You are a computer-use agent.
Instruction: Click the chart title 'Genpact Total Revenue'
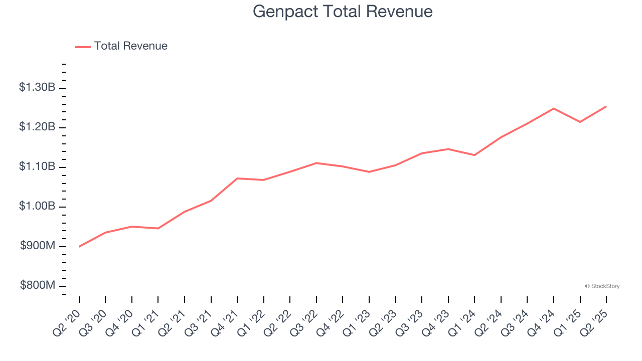tap(343, 11)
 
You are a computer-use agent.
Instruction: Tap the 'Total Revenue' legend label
tap(130, 46)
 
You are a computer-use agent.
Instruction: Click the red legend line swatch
tap(83, 47)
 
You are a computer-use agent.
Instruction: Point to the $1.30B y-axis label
tap(37, 87)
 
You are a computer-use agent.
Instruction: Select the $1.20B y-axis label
tap(37, 127)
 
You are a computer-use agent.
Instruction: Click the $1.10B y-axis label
tap(37, 166)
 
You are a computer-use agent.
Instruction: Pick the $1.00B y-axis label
tap(37, 206)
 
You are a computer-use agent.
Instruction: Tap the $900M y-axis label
tap(38, 246)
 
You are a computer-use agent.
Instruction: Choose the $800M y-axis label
tap(38, 285)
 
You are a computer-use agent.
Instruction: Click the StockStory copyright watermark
tap(602, 286)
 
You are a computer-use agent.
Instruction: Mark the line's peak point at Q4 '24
tap(554, 108)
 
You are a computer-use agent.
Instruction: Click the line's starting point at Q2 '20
tap(79, 246)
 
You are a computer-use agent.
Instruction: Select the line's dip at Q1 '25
tap(580, 122)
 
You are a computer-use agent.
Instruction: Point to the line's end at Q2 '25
tap(606, 106)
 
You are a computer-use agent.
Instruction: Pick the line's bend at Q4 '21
tap(237, 178)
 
